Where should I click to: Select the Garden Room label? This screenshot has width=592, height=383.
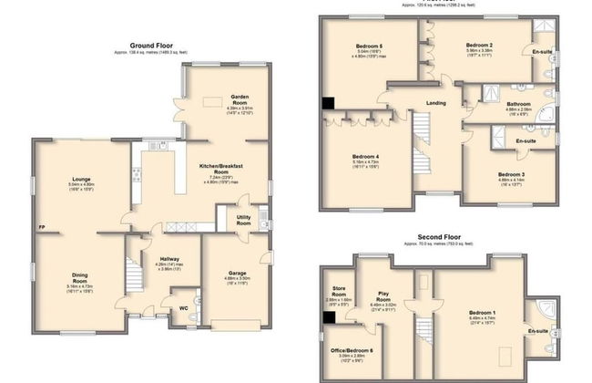pos(240,99)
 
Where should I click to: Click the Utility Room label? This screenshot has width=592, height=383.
pos(243,220)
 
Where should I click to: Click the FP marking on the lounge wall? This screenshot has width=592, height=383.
pos(42,227)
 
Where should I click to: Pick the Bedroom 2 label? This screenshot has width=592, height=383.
pos(479,45)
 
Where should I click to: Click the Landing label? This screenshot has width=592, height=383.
pos(436,103)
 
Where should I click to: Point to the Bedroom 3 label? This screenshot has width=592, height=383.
pos(511,174)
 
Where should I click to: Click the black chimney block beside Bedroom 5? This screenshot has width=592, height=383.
pos(327,105)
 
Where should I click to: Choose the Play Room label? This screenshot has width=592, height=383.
pos(383,295)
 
